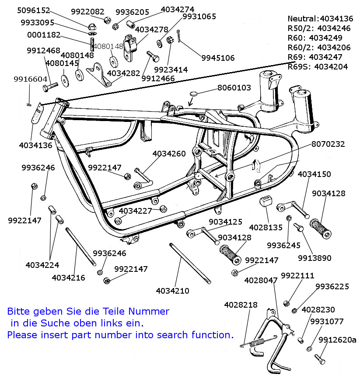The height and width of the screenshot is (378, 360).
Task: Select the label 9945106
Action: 218,58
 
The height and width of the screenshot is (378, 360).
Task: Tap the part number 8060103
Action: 234,88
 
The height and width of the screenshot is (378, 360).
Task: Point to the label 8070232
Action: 328,144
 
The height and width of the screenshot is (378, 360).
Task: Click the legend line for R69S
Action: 318,67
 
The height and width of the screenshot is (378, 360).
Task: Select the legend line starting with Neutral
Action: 320,19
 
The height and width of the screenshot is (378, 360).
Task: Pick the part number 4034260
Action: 169,154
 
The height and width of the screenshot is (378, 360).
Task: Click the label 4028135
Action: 266,227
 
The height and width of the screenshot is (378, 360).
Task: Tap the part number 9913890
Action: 315,258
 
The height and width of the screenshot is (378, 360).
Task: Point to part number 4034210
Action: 172,290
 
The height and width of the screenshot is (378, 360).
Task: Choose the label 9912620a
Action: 337,340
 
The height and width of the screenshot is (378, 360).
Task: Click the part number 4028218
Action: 241,305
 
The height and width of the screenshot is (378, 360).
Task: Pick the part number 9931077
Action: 327,322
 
